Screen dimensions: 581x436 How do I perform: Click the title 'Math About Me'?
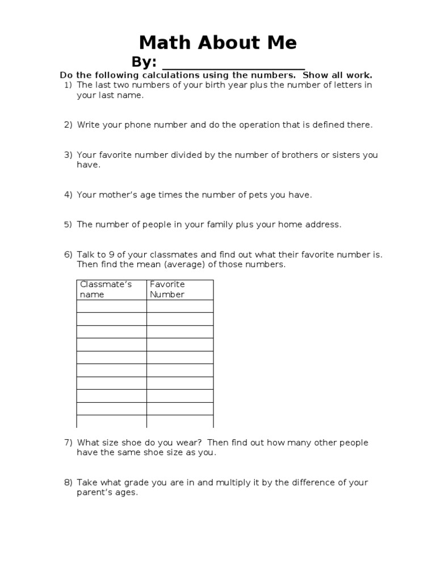218,43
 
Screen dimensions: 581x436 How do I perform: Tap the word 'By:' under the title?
144,62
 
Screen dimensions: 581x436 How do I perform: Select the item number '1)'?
68,85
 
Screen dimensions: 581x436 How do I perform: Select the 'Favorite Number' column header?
167,289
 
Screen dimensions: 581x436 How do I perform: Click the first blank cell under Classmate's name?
111,306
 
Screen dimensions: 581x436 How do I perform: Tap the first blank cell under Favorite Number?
180,306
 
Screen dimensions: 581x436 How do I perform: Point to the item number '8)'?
68,482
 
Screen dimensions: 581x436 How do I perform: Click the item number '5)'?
68,224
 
